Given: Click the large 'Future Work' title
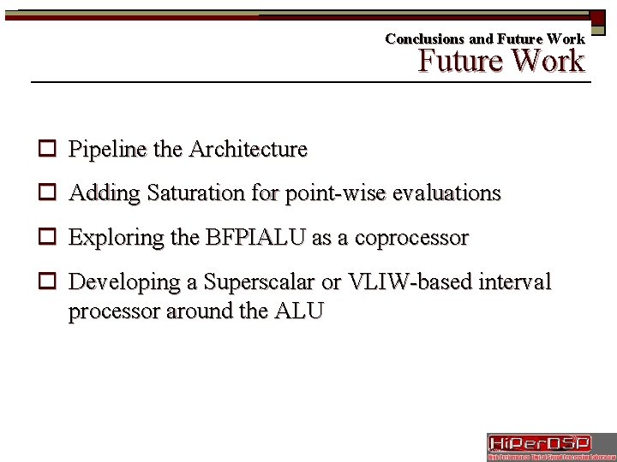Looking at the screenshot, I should pos(501,62).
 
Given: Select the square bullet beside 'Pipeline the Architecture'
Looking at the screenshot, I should pos(47,150).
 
